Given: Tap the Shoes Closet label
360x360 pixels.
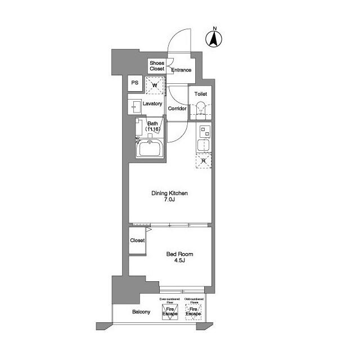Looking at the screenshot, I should pyautogui.click(x=157, y=66).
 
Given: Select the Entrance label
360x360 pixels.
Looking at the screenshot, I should pyautogui.click(x=181, y=70).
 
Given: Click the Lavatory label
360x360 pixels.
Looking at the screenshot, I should pyautogui.click(x=152, y=104).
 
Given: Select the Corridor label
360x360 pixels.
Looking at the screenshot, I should pyautogui.click(x=177, y=108).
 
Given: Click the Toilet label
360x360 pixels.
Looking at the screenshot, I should pyautogui.click(x=201, y=94).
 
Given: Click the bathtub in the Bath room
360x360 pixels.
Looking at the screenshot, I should pyautogui.click(x=150, y=150).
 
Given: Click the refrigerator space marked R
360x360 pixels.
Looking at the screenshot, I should pyautogui.click(x=204, y=161).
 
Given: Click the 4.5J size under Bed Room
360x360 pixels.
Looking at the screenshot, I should pyautogui.click(x=172, y=261).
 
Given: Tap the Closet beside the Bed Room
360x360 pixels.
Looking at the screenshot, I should pyautogui.click(x=137, y=240).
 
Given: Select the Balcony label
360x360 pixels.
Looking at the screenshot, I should pyautogui.click(x=141, y=312).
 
